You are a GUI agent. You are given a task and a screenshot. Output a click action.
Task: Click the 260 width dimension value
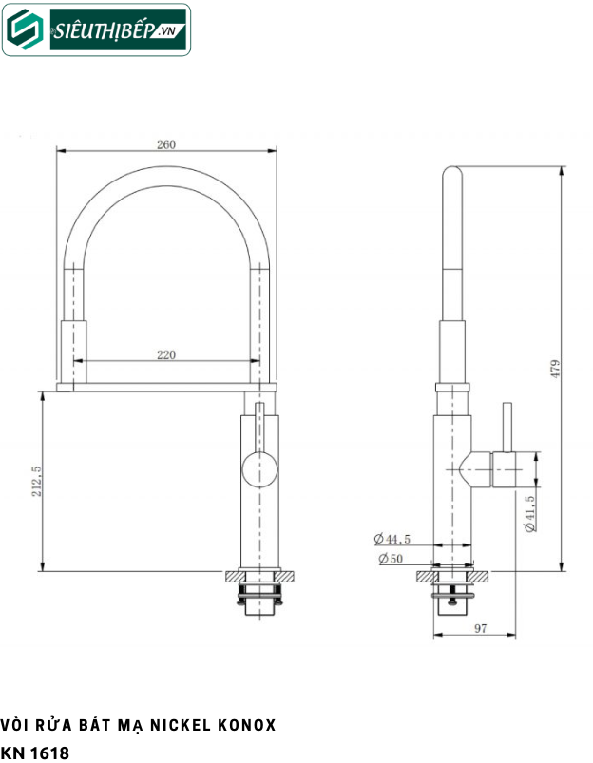[x=166, y=144]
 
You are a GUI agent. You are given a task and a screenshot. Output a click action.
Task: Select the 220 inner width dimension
[x=166, y=354]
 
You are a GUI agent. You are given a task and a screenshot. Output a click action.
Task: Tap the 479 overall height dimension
[x=556, y=368]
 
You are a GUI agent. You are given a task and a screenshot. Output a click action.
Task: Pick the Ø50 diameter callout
[x=390, y=558]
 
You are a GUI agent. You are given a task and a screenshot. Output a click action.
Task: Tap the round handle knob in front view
[x=258, y=469]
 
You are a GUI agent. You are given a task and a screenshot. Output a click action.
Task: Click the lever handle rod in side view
[x=507, y=427]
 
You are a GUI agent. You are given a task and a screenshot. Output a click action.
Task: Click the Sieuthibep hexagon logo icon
[x=23, y=31]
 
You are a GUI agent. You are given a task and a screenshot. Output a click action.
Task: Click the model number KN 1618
[x=35, y=753]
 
